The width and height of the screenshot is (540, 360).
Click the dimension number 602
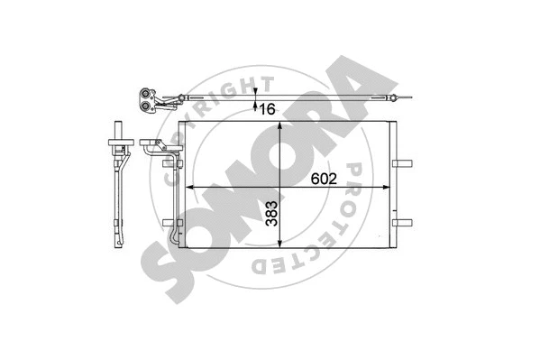pos(325,179)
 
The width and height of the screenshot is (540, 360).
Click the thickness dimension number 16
pos(268,109)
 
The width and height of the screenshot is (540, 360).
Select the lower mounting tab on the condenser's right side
pos(402,221)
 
